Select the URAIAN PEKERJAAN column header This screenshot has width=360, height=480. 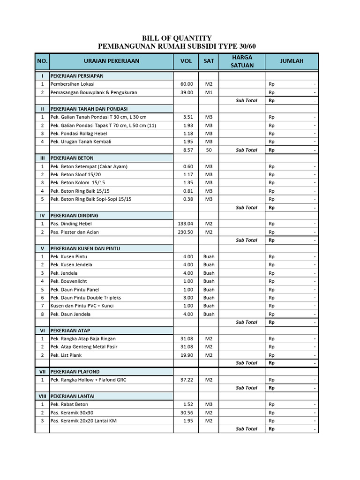pyautogui.click(x=112, y=61)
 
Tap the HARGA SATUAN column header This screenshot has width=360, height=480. pyautogui.click(x=242, y=61)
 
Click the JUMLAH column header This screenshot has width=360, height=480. pyautogui.click(x=292, y=61)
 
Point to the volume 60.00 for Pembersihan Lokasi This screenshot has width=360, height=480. pyautogui.click(x=187, y=84)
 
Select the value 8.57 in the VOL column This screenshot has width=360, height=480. pyautogui.click(x=187, y=150)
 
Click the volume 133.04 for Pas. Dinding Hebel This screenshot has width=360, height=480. pyautogui.click(x=185, y=224)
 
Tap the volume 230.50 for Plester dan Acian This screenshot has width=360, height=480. pyautogui.click(x=185, y=232)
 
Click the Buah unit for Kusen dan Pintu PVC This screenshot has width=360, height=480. pyautogui.click(x=209, y=306)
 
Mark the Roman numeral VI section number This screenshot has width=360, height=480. pyautogui.click(x=42, y=330)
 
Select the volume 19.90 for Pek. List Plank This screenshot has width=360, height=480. pyautogui.click(x=187, y=355)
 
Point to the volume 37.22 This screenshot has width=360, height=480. pyautogui.click(x=187, y=380)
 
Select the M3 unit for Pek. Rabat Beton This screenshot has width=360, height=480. pyautogui.click(x=209, y=404)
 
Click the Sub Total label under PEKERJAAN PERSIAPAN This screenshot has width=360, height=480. pyautogui.click(x=247, y=101)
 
